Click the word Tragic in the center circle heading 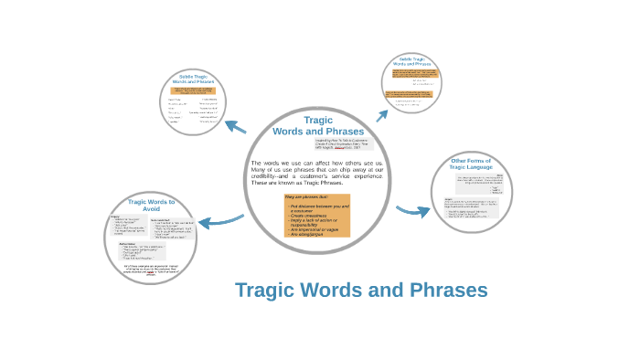pos(317,121)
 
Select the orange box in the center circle pos(316,216)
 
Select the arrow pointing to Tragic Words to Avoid pos(220,220)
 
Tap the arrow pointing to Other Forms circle pos(412,211)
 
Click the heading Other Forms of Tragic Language pos(471,164)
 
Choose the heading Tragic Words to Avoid pos(151,205)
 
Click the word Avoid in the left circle pos(151,209)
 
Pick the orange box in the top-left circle pos(193,91)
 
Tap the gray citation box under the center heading pos(345,145)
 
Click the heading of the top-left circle pos(194,79)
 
